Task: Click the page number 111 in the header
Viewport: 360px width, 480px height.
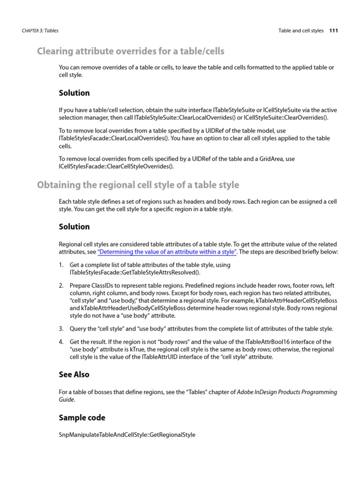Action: [333, 31]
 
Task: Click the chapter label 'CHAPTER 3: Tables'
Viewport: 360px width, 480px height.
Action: [40, 31]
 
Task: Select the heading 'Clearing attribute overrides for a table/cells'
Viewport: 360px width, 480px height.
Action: [131, 51]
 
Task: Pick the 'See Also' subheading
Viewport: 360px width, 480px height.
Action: [74, 375]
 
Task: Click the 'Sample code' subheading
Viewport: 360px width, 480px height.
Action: [82, 418]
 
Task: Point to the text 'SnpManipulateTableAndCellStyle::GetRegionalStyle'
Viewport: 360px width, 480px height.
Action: [127, 435]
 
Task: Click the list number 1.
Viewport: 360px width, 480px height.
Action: [61, 265]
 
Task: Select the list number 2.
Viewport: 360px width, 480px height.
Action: [61, 285]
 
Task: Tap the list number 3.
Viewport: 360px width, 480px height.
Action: [61, 329]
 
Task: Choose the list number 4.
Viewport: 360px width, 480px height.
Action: [61, 342]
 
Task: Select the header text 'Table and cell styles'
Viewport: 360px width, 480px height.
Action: [301, 31]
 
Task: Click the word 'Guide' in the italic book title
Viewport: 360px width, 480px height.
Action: [66, 399]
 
